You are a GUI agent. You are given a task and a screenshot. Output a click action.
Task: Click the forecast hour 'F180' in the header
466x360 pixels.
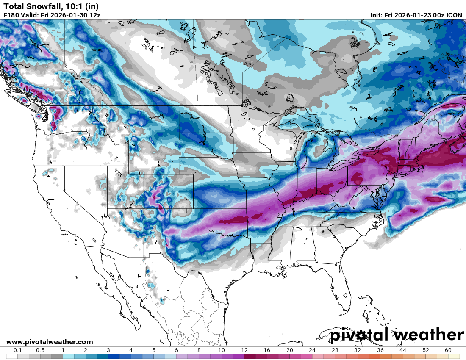(x=11, y=15)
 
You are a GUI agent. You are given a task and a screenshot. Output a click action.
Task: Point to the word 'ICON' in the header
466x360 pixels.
(x=455, y=15)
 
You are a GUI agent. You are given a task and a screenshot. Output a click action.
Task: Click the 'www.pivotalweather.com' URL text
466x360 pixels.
(x=50, y=342)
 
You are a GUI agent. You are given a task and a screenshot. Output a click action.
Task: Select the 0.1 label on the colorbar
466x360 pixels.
(x=18, y=350)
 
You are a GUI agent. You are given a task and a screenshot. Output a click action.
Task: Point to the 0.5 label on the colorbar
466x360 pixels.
(x=40, y=350)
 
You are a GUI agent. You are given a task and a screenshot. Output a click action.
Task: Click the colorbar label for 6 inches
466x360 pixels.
(x=176, y=350)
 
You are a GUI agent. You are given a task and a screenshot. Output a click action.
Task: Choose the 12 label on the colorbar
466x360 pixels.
(x=244, y=350)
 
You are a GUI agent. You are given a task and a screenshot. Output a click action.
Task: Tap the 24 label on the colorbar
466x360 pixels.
(x=312, y=350)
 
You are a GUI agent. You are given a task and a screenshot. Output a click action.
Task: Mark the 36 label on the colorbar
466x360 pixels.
(x=380, y=350)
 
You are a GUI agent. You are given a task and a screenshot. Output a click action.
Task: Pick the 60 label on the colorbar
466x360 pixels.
(x=448, y=350)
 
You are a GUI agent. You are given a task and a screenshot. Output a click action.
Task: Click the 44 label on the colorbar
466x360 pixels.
(x=403, y=350)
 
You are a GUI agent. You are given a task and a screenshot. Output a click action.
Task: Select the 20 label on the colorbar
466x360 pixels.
(x=290, y=350)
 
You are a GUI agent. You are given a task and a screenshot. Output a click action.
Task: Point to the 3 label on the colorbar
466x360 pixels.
(x=108, y=350)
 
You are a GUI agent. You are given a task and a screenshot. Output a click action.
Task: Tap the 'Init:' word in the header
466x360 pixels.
(x=377, y=15)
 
